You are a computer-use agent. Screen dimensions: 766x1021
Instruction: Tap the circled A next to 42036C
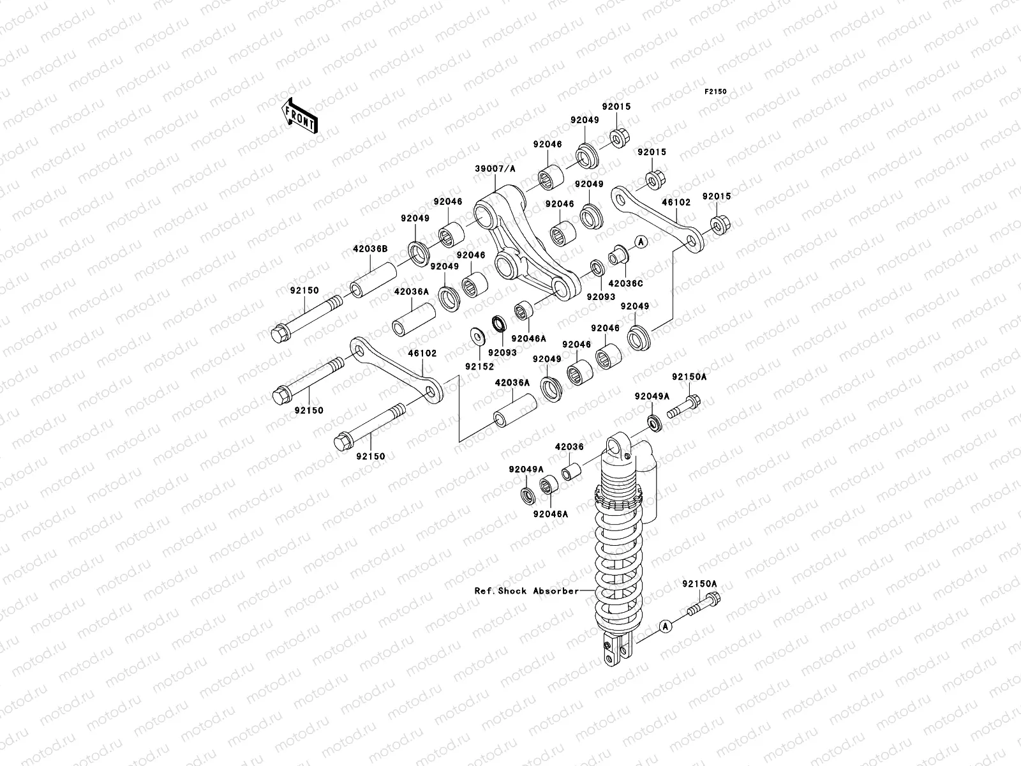pyautogui.click(x=641, y=241)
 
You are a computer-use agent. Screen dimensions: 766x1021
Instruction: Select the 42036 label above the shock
pyautogui.click(x=569, y=447)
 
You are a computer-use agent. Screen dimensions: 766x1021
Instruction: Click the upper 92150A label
pyautogui.click(x=689, y=377)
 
